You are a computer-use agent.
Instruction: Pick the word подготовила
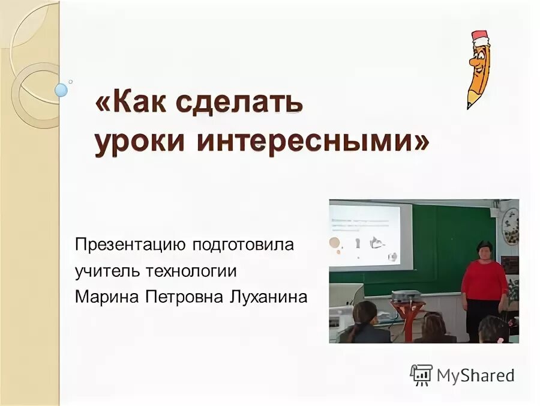(243, 246)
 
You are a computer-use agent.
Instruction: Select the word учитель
(106, 271)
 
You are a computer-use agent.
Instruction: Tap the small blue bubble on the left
(61, 90)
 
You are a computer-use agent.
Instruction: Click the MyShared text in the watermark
(475, 375)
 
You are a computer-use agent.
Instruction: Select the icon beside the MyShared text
(421, 375)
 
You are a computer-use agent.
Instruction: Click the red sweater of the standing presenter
(484, 280)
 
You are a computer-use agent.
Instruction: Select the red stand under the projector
(410, 318)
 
